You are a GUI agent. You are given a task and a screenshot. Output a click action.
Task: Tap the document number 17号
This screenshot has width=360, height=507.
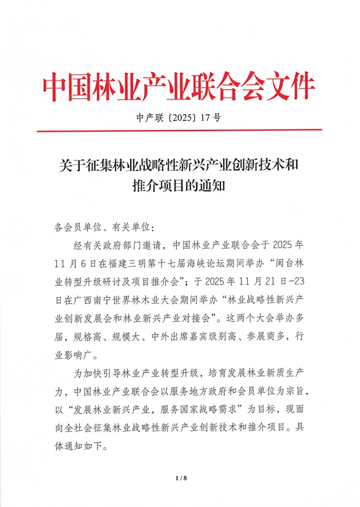click(x=209, y=118)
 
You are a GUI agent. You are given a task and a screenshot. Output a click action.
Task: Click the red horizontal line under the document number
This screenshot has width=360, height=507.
click(x=179, y=131)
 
